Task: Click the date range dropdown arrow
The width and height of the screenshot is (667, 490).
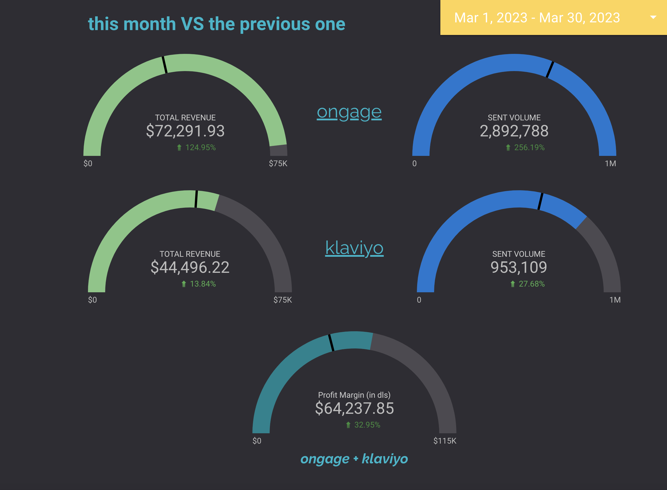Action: coord(653,17)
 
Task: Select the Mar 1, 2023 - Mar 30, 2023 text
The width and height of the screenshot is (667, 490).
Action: coord(537,18)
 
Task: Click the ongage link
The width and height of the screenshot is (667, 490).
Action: coord(349,112)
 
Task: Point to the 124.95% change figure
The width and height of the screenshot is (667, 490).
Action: coord(200,147)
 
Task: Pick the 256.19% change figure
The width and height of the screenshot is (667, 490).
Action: coord(529,147)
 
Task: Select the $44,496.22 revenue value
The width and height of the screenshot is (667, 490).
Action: coord(190,267)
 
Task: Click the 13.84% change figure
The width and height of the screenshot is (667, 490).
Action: coord(203,284)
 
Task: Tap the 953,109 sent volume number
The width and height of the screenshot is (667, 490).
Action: coord(518,267)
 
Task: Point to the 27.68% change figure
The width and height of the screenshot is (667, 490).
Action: coord(531,284)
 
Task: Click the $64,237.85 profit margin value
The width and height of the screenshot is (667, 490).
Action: coord(354,408)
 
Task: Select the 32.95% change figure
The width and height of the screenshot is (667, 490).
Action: coord(367,425)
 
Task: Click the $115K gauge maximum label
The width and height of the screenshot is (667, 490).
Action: coord(445,441)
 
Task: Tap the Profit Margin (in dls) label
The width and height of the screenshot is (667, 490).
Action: coord(354,395)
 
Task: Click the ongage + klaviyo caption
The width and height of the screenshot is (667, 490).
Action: coord(354,458)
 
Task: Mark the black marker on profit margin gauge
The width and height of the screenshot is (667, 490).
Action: coord(331,343)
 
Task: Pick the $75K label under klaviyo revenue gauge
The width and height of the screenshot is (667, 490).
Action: coord(282,300)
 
